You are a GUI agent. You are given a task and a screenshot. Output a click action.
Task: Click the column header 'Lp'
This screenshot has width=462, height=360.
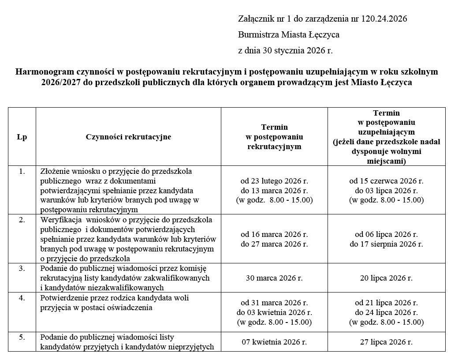[x=22, y=137]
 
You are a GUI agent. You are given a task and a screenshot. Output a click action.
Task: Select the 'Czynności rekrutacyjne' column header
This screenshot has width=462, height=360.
[x=128, y=137]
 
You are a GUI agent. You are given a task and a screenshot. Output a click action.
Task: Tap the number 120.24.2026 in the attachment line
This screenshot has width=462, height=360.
[x=384, y=19]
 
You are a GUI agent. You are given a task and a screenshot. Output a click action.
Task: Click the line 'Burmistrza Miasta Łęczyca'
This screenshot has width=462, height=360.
[x=289, y=35]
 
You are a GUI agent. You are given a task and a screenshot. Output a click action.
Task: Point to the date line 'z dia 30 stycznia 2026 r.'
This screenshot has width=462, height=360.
[x=285, y=50]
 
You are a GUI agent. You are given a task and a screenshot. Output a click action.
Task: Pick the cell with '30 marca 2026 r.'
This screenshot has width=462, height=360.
[x=274, y=278]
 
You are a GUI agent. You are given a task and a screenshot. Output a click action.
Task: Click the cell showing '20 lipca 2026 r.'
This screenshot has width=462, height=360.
[x=386, y=278]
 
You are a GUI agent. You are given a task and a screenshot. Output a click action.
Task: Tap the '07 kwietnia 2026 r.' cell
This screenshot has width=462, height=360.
[x=274, y=341]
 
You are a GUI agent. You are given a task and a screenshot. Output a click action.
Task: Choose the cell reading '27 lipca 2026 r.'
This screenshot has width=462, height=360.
[x=386, y=341]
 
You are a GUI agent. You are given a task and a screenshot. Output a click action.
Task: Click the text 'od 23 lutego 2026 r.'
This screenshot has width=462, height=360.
[x=274, y=181]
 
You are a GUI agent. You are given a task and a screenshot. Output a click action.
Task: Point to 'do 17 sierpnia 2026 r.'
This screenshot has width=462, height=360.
[x=386, y=244]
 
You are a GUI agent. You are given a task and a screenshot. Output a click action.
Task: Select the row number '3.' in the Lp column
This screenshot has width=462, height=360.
[x=22, y=268]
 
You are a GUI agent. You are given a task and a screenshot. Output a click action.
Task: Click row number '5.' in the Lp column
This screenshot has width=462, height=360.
[x=22, y=337]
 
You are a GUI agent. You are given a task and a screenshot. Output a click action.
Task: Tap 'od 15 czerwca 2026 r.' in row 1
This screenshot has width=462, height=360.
[x=386, y=181]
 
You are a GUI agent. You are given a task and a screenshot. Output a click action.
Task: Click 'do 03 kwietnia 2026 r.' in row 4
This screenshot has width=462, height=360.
[x=274, y=313]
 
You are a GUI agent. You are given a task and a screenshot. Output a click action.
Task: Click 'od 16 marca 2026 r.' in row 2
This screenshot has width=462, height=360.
[x=274, y=234]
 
